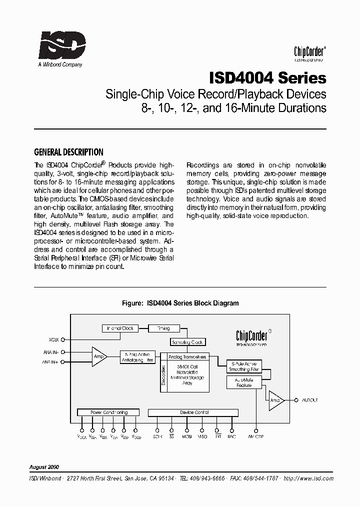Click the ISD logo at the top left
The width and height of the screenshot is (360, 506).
(62, 46)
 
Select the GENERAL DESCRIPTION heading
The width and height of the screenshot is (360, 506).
(68, 152)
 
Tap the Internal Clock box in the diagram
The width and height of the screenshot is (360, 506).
(120, 328)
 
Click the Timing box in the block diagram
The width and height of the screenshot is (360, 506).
(163, 328)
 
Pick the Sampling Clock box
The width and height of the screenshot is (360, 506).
(187, 342)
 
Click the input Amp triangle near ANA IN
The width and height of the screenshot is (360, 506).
(99, 356)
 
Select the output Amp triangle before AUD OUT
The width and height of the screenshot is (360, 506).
(275, 400)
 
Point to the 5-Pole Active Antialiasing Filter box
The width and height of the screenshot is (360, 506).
(137, 357)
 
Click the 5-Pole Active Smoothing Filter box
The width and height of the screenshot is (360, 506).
(244, 366)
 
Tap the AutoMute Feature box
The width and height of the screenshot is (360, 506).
(244, 382)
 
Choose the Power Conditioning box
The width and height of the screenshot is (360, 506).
(108, 412)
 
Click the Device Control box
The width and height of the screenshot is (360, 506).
(194, 412)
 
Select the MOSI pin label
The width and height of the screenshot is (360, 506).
(187, 436)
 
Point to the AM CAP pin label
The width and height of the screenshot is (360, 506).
(256, 436)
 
